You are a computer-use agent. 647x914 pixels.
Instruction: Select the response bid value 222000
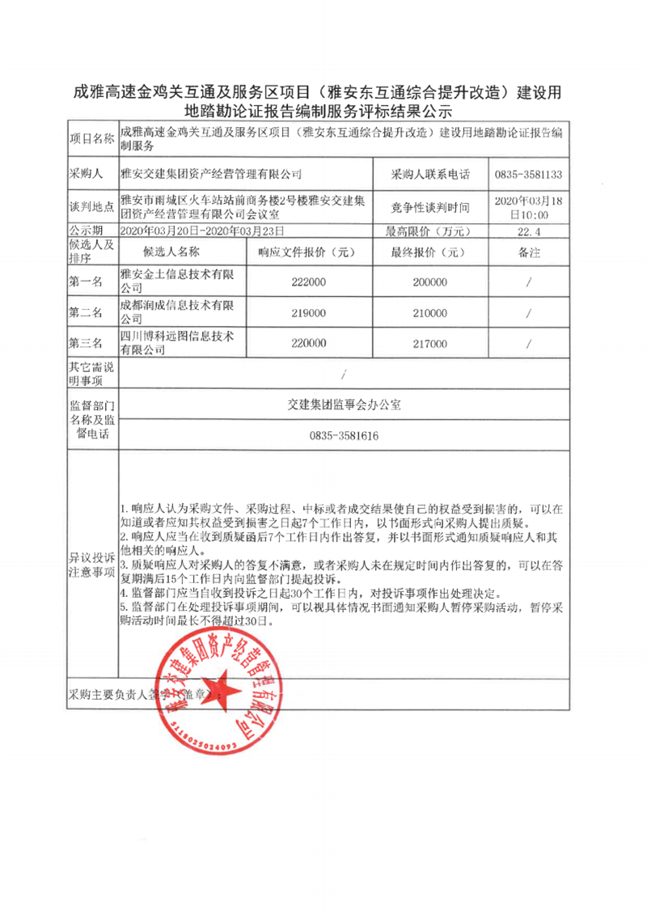tap(304, 282)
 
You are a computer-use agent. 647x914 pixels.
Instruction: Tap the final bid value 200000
tap(429, 282)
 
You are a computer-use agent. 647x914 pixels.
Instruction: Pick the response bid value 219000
tap(304, 313)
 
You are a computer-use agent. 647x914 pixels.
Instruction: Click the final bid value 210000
tap(429, 313)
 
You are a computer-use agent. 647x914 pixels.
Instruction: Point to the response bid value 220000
tap(304, 344)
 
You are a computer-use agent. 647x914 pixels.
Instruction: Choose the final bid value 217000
tap(429, 344)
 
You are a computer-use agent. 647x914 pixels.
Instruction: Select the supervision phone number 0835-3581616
tap(344, 436)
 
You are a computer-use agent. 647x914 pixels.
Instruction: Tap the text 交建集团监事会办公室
tap(344, 405)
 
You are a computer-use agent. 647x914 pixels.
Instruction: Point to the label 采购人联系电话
tap(429, 174)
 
